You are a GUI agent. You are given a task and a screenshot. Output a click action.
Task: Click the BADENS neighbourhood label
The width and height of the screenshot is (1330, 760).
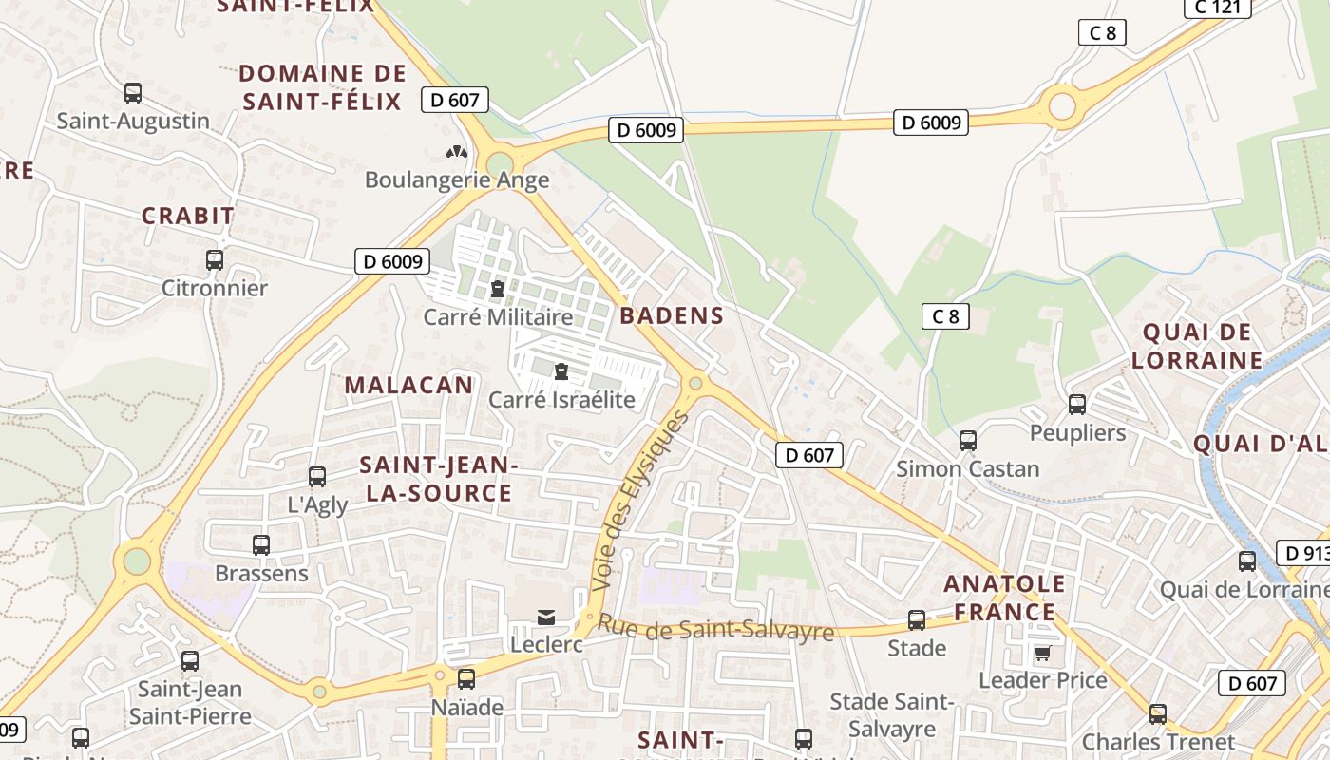pyautogui.click(x=672, y=316)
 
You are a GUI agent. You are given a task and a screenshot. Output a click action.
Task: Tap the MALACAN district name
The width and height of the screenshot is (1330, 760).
pyautogui.click(x=408, y=385)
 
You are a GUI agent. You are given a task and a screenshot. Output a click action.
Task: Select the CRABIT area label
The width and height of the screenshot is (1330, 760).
pyautogui.click(x=188, y=216)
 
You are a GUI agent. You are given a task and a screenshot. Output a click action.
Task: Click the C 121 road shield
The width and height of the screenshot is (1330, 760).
pyautogui.click(x=1217, y=8)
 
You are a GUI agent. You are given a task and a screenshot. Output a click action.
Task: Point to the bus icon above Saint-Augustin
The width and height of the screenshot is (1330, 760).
pyautogui.click(x=133, y=93)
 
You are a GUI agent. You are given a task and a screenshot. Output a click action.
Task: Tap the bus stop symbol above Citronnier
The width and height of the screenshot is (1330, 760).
pyautogui.click(x=215, y=260)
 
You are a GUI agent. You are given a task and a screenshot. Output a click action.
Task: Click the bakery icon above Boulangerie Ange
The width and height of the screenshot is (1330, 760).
pyautogui.click(x=457, y=152)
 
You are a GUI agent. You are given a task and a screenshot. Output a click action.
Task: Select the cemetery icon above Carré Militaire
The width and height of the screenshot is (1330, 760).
pyautogui.click(x=497, y=289)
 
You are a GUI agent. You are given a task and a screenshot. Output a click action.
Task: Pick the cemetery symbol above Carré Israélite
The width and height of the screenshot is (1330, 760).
pyautogui.click(x=560, y=370)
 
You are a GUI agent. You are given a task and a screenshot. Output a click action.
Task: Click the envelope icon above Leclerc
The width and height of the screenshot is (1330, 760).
pyautogui.click(x=546, y=617)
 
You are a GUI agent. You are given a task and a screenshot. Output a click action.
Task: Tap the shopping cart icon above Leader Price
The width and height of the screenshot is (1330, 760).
pyautogui.click(x=1042, y=653)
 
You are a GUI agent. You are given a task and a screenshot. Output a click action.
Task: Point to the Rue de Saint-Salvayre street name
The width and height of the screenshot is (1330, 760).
pyautogui.click(x=715, y=629)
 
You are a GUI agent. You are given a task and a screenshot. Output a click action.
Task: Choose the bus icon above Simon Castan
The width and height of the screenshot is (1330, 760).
pyautogui.click(x=968, y=441)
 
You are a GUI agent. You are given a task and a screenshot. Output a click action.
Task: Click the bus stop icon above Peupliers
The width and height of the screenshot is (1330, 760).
pyautogui.click(x=1077, y=405)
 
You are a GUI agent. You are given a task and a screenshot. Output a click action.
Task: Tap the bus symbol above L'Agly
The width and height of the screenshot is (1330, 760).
pyautogui.click(x=317, y=477)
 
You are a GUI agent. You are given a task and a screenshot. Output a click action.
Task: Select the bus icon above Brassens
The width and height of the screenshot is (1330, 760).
pyautogui.click(x=261, y=545)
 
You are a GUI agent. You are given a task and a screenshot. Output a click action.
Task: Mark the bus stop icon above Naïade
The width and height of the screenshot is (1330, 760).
pyautogui.click(x=466, y=679)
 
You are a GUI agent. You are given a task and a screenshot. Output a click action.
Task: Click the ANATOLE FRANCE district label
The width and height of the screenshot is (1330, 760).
pyautogui.click(x=1004, y=598)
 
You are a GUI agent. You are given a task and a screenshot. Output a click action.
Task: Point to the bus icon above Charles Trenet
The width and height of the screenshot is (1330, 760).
pyautogui.click(x=1158, y=714)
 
